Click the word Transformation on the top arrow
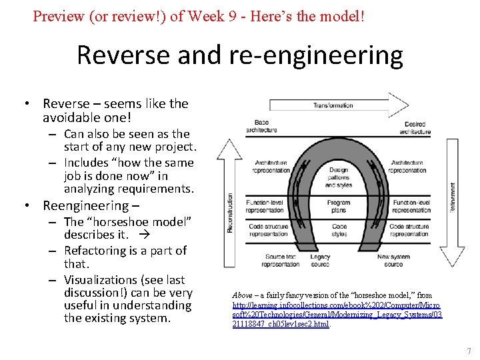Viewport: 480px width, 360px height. pos(333,105)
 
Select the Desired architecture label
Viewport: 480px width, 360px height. pos(415,128)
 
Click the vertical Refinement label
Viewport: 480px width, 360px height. pos(453,198)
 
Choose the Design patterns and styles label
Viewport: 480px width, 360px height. pos(339,177)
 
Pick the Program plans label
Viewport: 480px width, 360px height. pos(339,206)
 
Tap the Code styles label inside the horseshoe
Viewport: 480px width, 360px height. pos(339,230)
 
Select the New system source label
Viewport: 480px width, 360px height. pos(393,260)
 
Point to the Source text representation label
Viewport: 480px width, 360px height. pos(281,260)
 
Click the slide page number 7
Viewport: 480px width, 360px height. pos(469,351)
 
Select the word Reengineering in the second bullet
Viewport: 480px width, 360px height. pos(85,205)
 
